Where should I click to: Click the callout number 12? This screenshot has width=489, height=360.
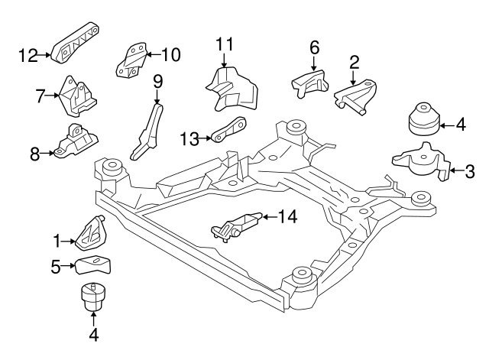click(28, 54)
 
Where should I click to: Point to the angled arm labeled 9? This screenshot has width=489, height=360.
click(149, 131)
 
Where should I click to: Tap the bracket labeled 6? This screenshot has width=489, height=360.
click(309, 83)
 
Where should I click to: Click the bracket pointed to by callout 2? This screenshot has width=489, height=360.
click(358, 96)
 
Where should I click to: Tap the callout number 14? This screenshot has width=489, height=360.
click(287, 217)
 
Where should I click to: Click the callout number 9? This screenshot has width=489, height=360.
click(158, 79)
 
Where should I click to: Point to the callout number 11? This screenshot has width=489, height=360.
click(223, 44)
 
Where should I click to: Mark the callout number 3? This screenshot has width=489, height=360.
click(469, 172)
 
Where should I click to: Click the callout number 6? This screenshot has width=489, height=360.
click(314, 47)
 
